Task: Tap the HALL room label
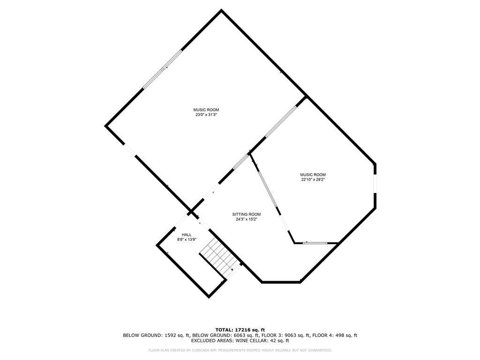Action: point(187,234)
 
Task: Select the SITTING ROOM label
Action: point(248,214)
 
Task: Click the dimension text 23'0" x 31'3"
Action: point(206,115)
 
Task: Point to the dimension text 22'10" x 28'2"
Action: point(313,180)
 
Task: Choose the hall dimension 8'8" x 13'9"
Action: point(187,240)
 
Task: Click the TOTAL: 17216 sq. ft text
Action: point(240,330)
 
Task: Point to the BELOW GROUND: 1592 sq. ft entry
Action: point(157,335)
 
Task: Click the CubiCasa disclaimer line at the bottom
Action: point(240,350)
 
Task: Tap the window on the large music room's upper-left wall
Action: point(162,69)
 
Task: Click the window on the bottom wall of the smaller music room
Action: point(315,243)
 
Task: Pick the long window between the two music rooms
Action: point(281,122)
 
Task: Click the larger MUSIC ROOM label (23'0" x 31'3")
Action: point(206,110)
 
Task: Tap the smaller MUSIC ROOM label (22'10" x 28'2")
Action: point(313,174)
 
